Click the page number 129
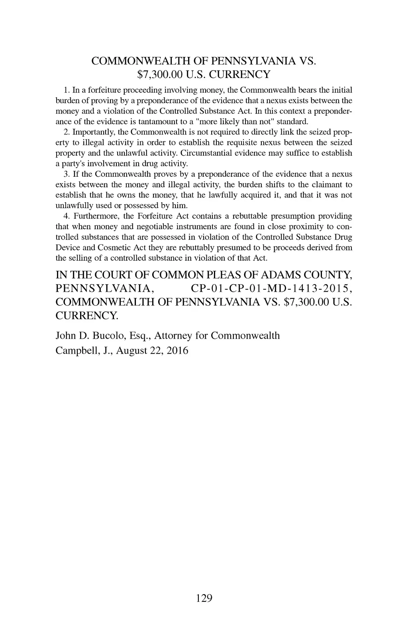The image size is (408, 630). (204, 598)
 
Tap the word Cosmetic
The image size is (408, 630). (112, 248)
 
